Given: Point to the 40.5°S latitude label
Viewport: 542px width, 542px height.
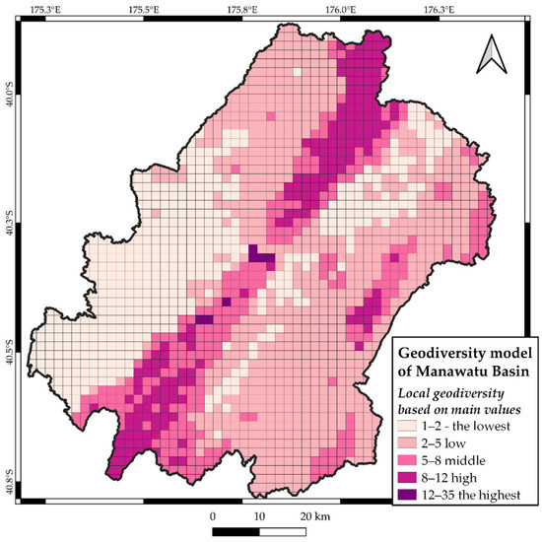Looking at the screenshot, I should tap(9, 352).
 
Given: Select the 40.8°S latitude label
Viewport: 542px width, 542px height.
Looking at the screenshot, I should tap(9, 486).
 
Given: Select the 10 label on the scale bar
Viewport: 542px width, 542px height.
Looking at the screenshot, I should tap(259, 515).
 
